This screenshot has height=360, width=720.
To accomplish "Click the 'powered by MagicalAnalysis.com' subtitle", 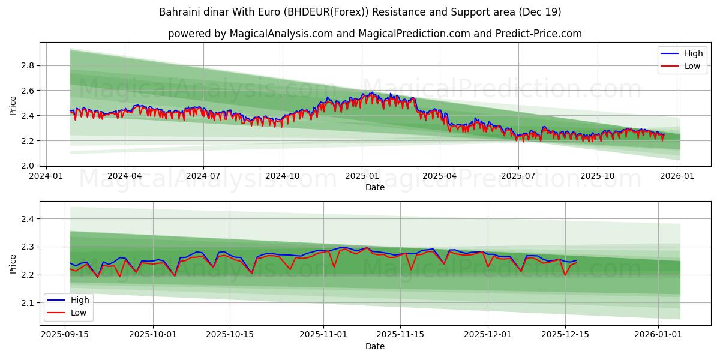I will pyautogui.click(x=374, y=34).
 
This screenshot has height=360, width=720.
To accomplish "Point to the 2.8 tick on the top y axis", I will pyautogui.click(x=28, y=65).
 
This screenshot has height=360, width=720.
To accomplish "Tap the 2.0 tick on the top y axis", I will pyautogui.click(x=28, y=166).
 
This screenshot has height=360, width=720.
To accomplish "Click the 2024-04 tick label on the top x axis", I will pyautogui.click(x=125, y=176).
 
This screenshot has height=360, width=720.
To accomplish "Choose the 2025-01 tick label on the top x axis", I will pyautogui.click(x=361, y=176).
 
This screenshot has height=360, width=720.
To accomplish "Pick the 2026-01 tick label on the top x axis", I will pyautogui.click(x=677, y=176).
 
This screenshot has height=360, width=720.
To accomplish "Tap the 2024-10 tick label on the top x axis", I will pyautogui.click(x=282, y=176).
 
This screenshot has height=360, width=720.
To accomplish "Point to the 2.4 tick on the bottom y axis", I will pyautogui.click(x=28, y=219).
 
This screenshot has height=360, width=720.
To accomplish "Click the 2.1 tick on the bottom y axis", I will pyautogui.click(x=28, y=303).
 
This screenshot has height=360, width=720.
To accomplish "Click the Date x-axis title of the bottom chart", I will pyautogui.click(x=374, y=347).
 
